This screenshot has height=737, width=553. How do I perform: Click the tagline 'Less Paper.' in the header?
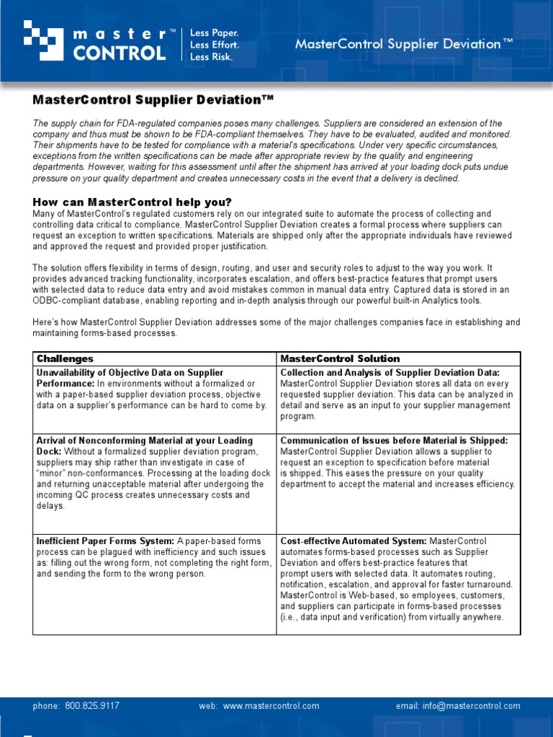[214, 33]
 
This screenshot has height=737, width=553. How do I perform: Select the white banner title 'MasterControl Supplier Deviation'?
[404, 44]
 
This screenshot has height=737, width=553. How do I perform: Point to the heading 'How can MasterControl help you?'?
[132, 202]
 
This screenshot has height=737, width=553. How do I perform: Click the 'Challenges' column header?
[65, 358]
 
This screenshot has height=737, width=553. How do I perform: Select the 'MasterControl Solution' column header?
[340, 358]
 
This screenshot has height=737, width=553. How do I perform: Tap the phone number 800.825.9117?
[92, 706]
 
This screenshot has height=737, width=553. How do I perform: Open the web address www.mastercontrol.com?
[271, 706]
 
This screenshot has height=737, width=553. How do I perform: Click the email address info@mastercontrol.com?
[477, 706]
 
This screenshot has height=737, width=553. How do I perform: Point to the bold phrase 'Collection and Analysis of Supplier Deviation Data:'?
[390, 372]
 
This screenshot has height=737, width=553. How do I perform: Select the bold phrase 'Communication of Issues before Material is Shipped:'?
[394, 440]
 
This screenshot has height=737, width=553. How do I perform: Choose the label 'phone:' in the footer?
[47, 706]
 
